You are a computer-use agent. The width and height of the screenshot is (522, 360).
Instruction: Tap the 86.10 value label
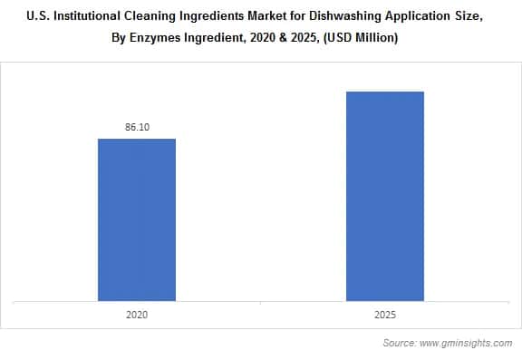pos(137,128)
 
